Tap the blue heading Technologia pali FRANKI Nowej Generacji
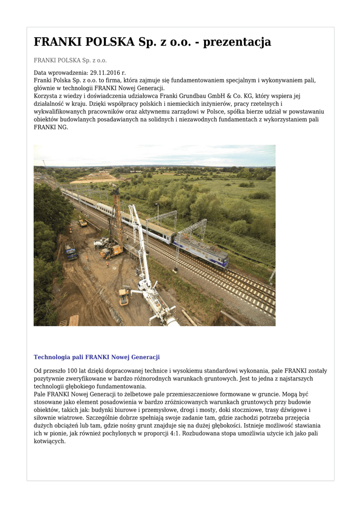click(x=96, y=357)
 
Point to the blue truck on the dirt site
click(x=71, y=251)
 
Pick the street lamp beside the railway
click(x=157, y=213)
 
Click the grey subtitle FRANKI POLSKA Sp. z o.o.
click(x=70, y=61)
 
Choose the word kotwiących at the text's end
click(x=49, y=441)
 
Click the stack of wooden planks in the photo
click(x=73, y=320)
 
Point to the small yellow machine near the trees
click(x=82, y=223)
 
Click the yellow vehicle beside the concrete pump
click(x=124, y=296)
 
